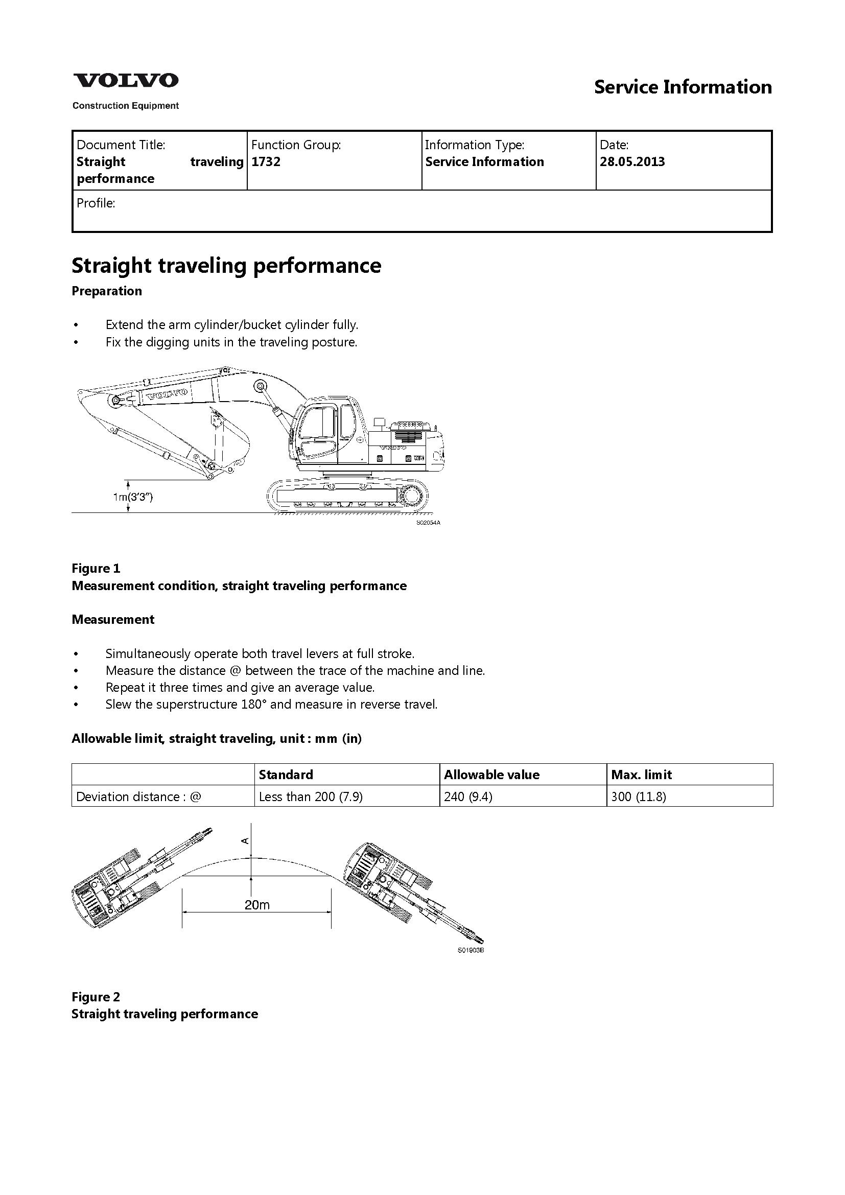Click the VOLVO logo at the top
click(x=125, y=81)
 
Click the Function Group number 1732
click(x=266, y=162)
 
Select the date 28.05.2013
click(x=632, y=162)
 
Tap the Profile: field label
click(x=96, y=203)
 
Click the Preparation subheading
click(x=107, y=291)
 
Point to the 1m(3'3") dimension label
click(x=133, y=497)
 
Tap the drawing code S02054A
click(x=428, y=523)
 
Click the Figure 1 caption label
click(x=96, y=568)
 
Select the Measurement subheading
click(x=113, y=619)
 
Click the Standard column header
click(x=286, y=775)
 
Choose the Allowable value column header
click(x=491, y=775)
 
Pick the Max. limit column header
click(x=641, y=775)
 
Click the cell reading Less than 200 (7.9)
click(x=311, y=796)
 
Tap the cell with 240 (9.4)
click(x=468, y=796)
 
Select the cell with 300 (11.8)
click(x=639, y=796)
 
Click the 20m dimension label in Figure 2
click(x=257, y=905)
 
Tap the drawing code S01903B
click(x=471, y=950)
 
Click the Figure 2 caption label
click(x=96, y=997)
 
